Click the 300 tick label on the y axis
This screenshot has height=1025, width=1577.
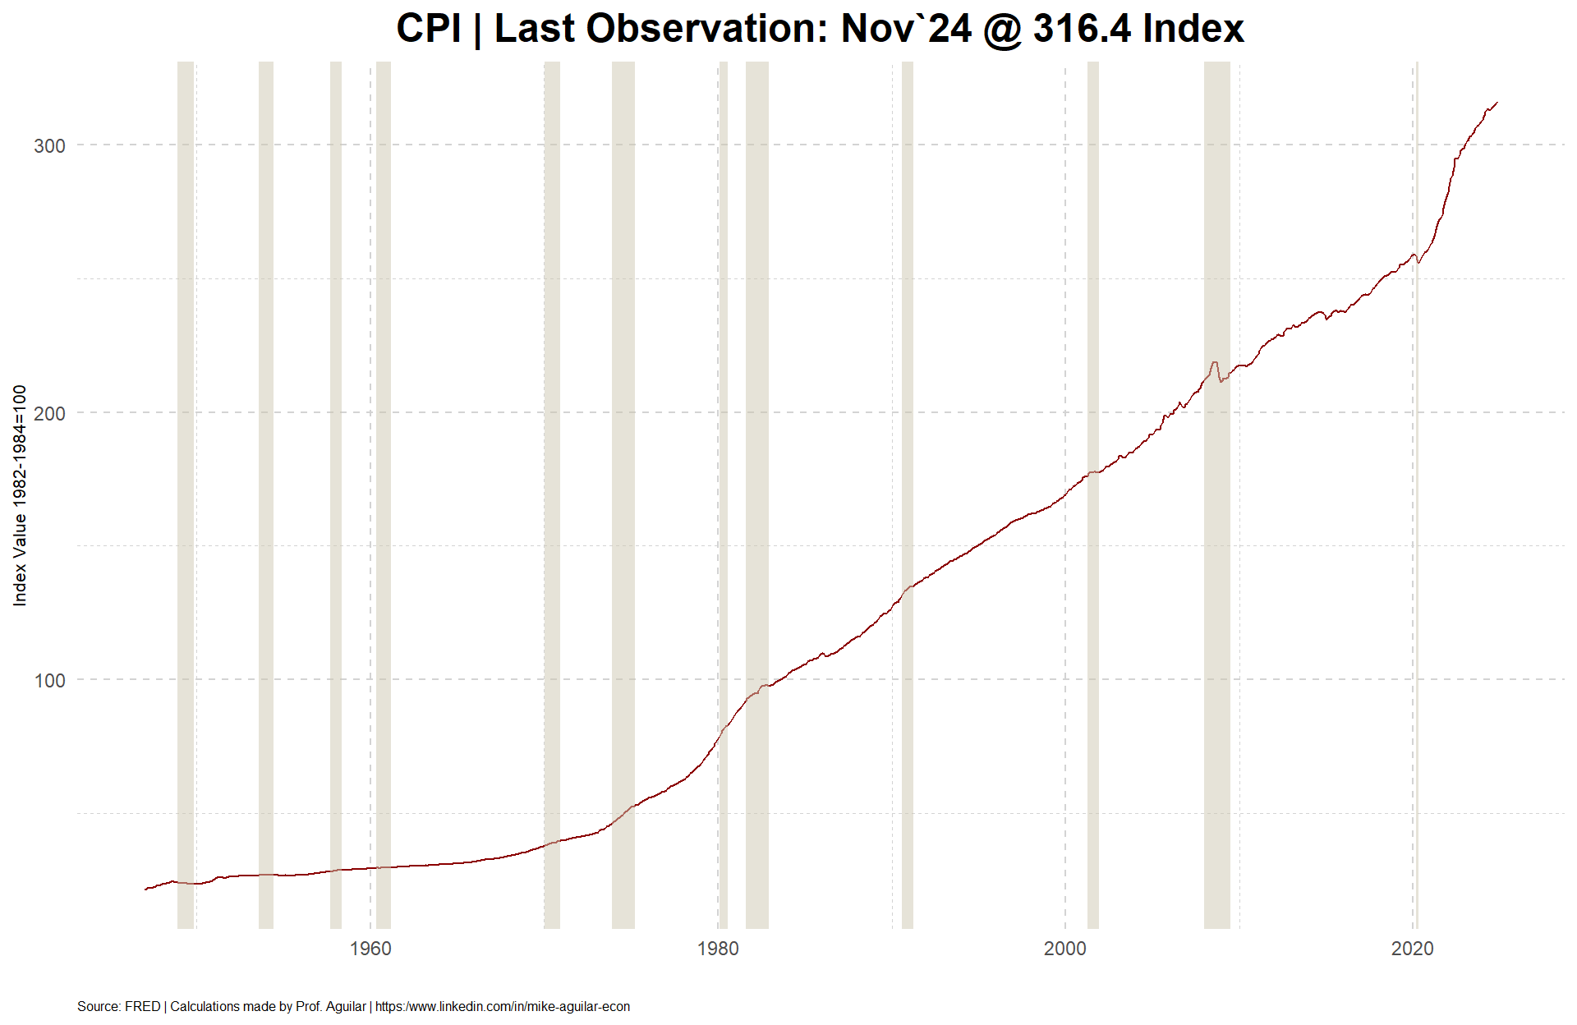pyautogui.click(x=49, y=146)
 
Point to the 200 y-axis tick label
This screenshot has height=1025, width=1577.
pyautogui.click(x=49, y=413)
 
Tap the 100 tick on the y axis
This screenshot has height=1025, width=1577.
pyautogui.click(x=49, y=681)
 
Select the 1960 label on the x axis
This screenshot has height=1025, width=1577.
pyautogui.click(x=370, y=949)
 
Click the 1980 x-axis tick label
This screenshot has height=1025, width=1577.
pyautogui.click(x=718, y=949)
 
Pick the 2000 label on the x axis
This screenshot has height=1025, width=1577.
pyautogui.click(x=1065, y=949)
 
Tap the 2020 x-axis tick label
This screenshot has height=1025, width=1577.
pyautogui.click(x=1413, y=949)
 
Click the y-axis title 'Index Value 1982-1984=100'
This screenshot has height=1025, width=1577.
pyautogui.click(x=20, y=495)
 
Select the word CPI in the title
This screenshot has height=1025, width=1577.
pyautogui.click(x=429, y=29)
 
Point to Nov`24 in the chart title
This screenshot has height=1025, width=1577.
pyautogui.click(x=906, y=29)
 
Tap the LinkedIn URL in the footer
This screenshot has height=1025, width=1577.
pyautogui.click(x=503, y=1006)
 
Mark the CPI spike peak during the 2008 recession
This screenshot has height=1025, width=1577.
pyautogui.click(x=1214, y=362)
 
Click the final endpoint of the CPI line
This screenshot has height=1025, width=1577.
pyautogui.click(x=1497, y=103)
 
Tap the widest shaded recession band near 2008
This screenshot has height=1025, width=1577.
pyautogui.click(x=1217, y=495)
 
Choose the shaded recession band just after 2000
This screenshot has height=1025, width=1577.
pyautogui.click(x=1093, y=495)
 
